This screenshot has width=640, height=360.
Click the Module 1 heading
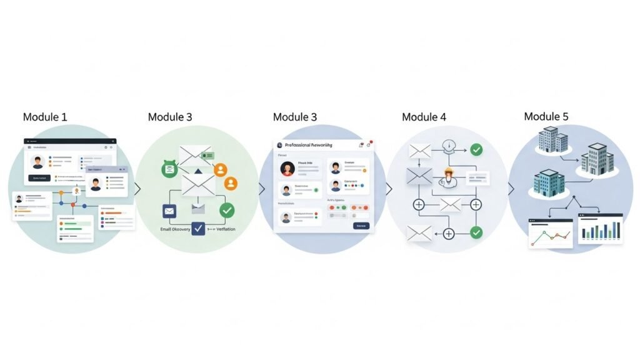point(45,117)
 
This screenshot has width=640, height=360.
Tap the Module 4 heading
point(424,117)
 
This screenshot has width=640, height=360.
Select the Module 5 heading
point(546,116)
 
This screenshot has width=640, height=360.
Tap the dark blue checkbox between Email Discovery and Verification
point(198,229)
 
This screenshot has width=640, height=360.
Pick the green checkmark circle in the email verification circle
point(227,210)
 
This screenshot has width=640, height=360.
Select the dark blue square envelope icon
point(169,211)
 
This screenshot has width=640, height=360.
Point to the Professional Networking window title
point(309,144)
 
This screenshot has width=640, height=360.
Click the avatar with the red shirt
point(287,169)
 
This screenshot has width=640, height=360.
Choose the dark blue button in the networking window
point(361,226)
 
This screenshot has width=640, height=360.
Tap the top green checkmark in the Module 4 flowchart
point(476,150)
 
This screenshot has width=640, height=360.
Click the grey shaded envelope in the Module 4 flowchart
point(419,176)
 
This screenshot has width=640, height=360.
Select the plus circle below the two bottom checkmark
point(448,234)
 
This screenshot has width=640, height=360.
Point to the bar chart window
point(601,229)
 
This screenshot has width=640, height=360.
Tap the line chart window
point(551,232)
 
